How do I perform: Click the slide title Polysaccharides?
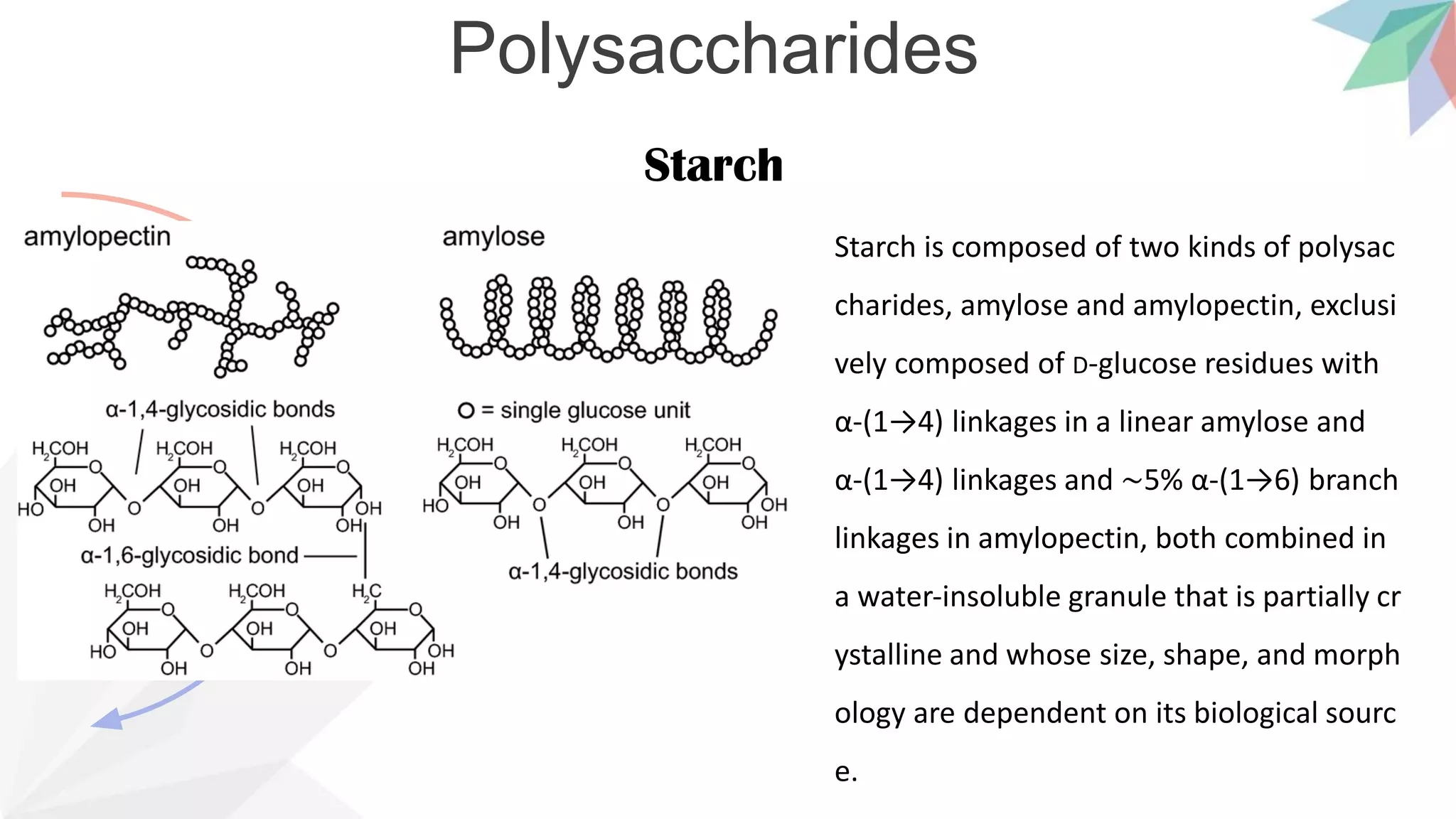713,48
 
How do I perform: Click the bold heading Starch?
713,165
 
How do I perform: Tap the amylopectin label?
97,237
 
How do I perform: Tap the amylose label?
493,237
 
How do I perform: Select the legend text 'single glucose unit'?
595,410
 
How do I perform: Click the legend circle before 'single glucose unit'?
466,410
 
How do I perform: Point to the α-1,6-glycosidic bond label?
189,555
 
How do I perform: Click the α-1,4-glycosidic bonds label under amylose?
623,572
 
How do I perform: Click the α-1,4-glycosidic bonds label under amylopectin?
220,409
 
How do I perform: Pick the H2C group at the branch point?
367,591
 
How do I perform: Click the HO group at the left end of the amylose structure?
435,506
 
